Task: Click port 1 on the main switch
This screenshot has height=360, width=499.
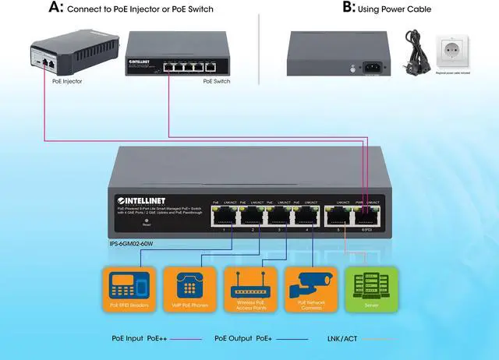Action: (223, 214)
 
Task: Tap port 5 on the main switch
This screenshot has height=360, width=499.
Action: (338, 214)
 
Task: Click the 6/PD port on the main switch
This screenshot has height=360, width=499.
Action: (366, 214)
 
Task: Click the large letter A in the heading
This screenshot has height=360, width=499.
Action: (55, 9)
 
